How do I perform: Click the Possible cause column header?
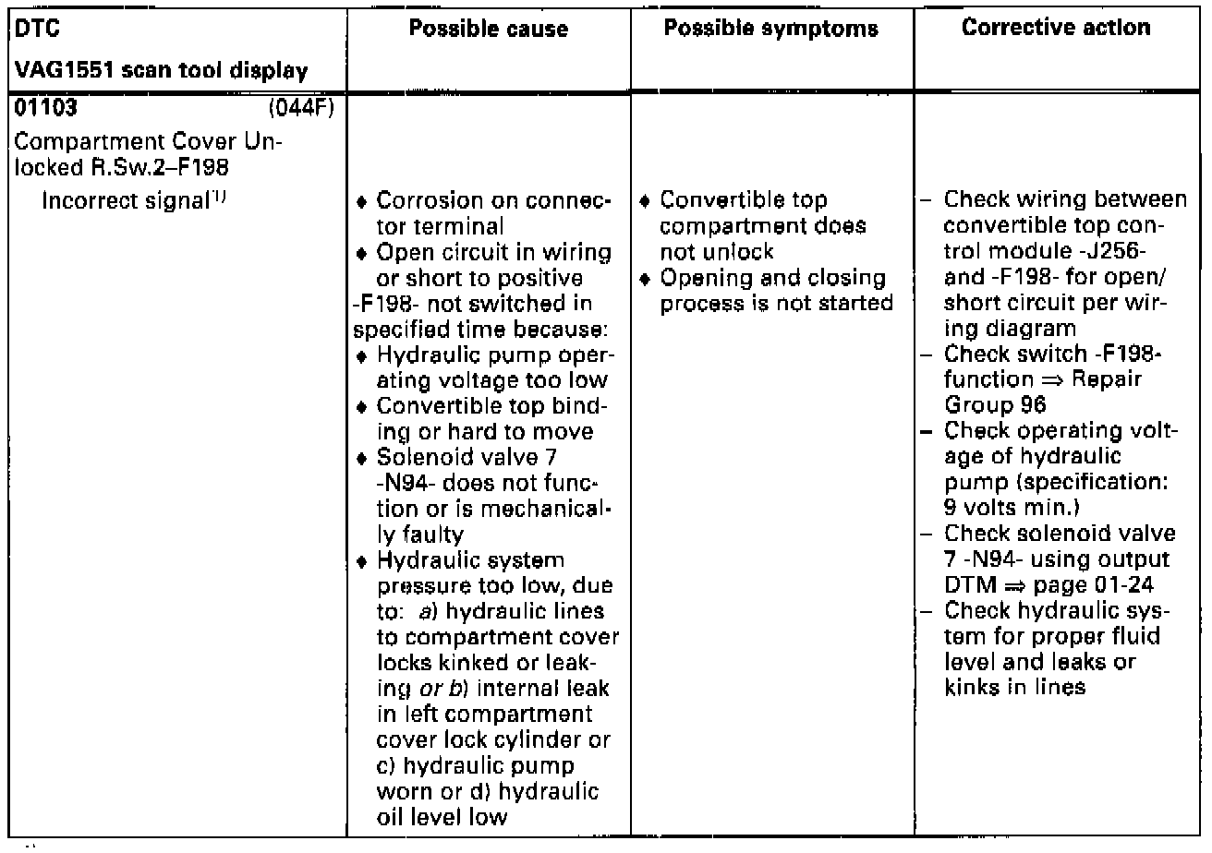489,29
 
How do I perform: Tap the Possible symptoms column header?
770,29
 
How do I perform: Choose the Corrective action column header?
1056,29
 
